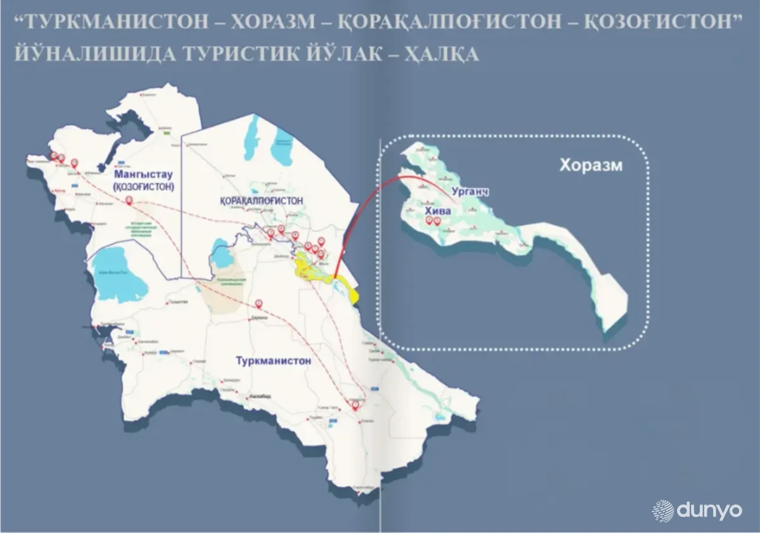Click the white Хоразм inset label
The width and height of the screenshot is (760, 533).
590,166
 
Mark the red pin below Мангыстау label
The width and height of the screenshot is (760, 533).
129,201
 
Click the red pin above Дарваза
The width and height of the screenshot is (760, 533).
258,303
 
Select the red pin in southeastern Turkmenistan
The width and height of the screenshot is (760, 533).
355,404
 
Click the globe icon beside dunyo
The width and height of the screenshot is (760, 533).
663,510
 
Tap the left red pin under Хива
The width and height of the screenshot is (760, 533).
429,220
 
